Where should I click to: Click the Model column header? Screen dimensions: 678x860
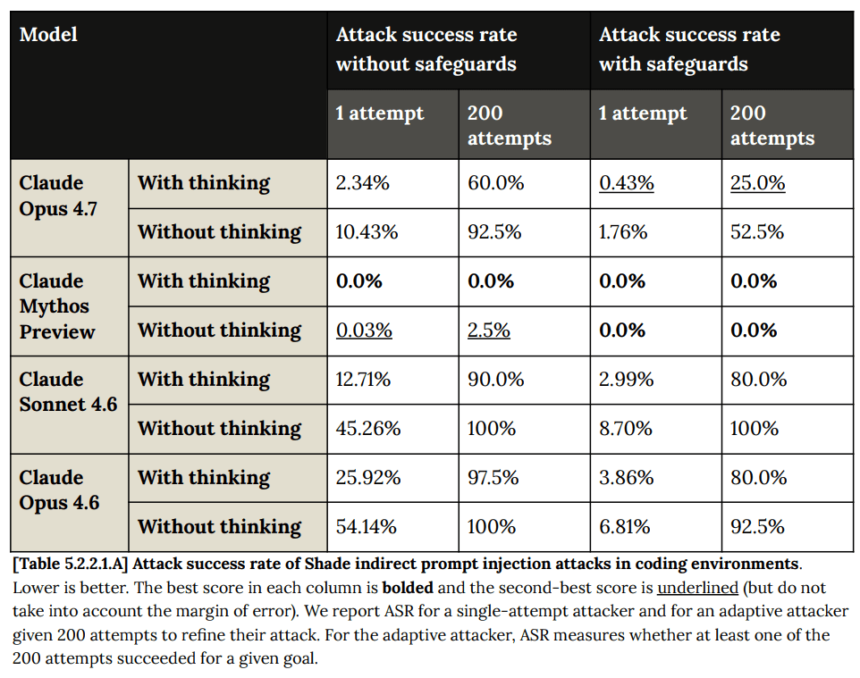coord(49,35)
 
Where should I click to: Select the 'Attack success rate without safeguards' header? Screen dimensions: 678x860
coord(426,49)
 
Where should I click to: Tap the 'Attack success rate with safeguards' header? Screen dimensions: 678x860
coord(689,49)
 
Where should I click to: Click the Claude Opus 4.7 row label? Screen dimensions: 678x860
coord(59,196)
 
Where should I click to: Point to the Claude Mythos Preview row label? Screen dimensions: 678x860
coord(57,306)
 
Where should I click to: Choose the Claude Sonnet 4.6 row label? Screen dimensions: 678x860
coord(68,391)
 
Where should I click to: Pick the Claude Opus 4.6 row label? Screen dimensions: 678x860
coord(59,490)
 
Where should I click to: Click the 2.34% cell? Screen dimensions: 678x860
coord(362,183)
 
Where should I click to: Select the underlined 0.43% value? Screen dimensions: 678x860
coord(626,183)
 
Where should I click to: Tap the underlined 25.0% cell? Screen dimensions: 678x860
coord(757,183)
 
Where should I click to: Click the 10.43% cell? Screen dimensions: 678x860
coord(367,232)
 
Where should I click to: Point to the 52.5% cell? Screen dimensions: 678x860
coord(757,232)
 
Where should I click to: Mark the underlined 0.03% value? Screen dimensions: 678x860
coord(364,331)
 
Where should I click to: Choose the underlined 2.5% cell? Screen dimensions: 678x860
coord(488,331)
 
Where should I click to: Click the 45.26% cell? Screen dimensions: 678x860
coord(368,429)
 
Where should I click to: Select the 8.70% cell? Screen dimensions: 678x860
coord(627,429)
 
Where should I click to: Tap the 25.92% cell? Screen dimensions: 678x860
coord(368,478)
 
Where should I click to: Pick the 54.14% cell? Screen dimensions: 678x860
coord(367,527)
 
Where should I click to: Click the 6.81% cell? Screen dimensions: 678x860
coord(625,527)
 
